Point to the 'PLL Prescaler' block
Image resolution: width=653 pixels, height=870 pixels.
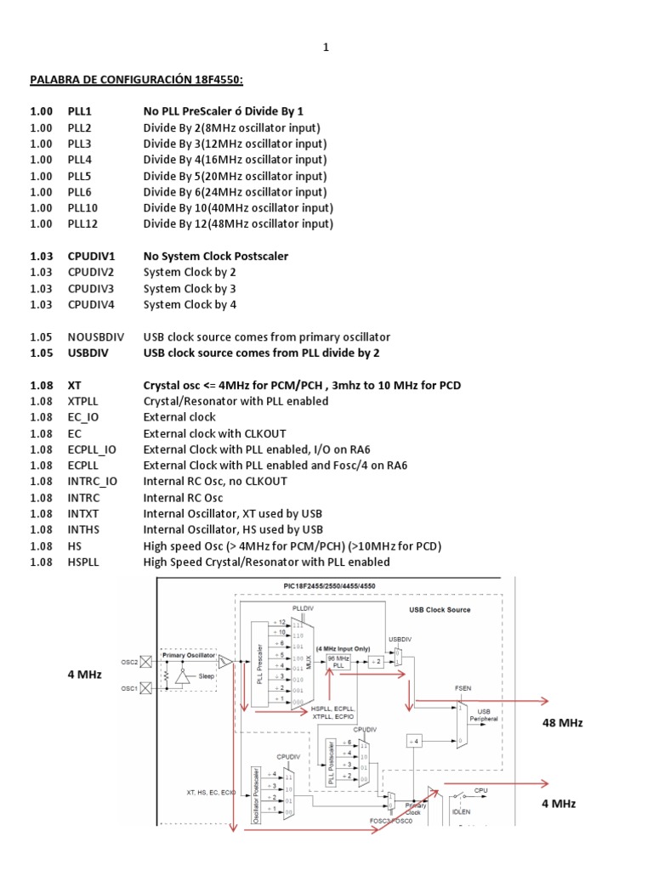point(259,663)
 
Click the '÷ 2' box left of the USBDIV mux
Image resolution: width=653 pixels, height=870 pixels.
point(378,662)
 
